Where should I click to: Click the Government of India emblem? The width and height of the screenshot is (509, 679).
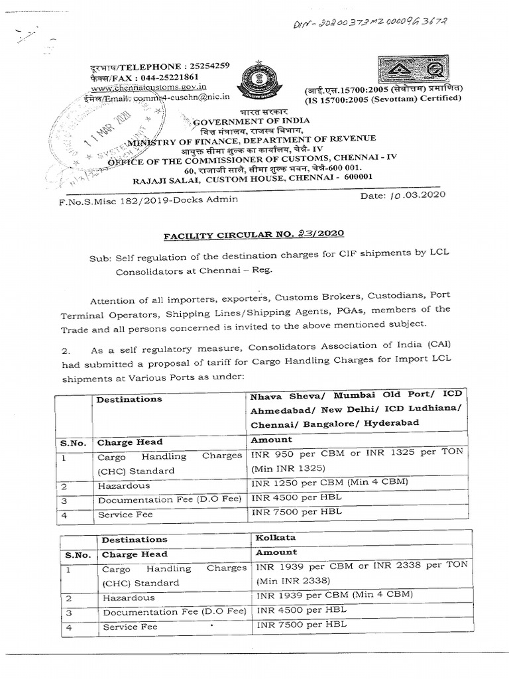[x=254, y=77]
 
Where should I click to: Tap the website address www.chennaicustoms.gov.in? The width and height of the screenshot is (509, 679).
[x=139, y=87]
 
